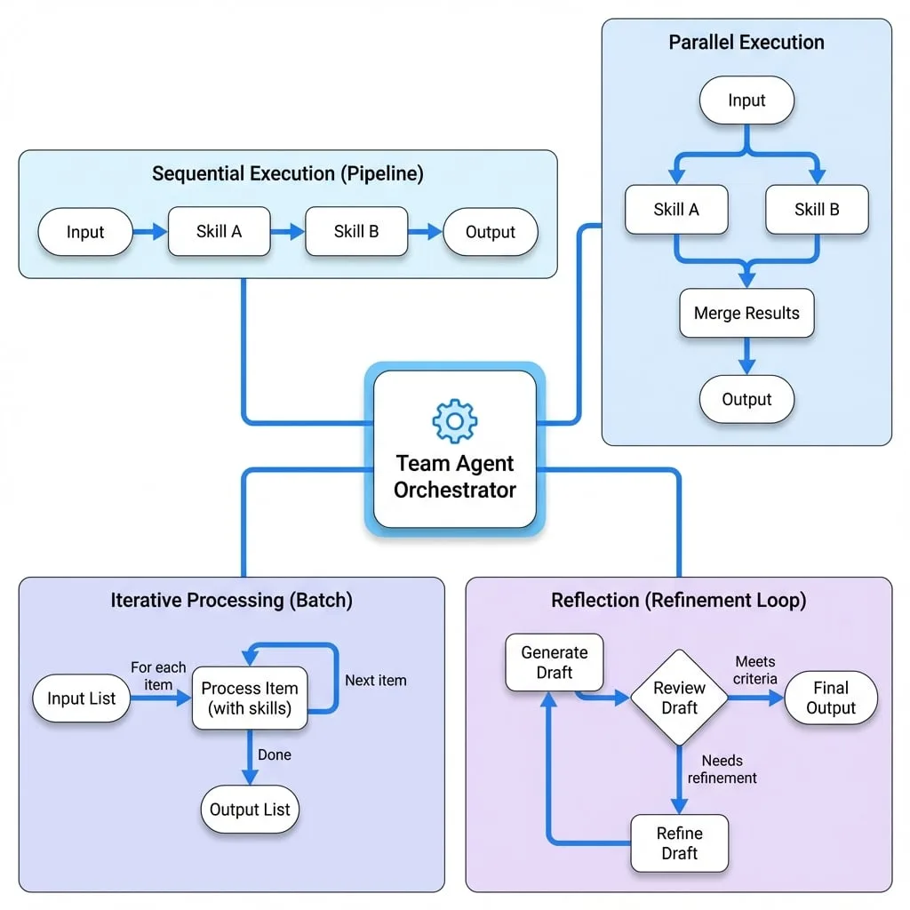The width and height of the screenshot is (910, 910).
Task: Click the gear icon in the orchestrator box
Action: [455, 420]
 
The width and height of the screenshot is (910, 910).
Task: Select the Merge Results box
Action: [746, 313]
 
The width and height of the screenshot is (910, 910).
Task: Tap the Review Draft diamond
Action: [679, 698]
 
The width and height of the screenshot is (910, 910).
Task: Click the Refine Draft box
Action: [679, 843]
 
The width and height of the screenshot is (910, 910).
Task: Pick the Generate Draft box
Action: [555, 662]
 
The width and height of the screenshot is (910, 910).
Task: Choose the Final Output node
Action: [831, 698]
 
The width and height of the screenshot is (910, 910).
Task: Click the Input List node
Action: [81, 698]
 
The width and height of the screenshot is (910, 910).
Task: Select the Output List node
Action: [250, 809]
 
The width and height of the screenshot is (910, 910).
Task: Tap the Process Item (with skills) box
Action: [250, 698]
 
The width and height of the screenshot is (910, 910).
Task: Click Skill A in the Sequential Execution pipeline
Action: [219, 232]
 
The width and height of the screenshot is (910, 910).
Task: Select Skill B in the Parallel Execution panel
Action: [817, 210]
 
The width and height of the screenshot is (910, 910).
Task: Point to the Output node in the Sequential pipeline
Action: [491, 232]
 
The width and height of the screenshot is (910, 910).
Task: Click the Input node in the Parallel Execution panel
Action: [746, 100]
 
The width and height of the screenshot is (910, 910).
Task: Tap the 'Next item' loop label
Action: [376, 680]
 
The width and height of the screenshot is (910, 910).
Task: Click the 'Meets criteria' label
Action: [754, 670]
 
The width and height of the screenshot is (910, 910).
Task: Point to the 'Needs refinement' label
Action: [722, 769]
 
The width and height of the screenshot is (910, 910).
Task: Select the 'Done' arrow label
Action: [275, 754]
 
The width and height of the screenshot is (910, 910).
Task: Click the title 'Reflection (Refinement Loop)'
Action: [678, 600]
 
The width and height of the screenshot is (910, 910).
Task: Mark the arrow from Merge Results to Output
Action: [746, 356]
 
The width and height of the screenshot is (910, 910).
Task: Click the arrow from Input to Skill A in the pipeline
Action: [150, 232]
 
